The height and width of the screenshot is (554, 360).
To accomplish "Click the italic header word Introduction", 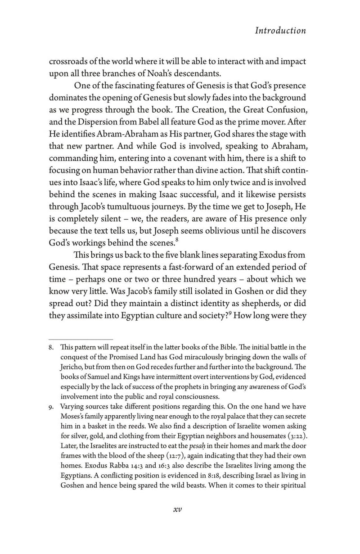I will [280, 31].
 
